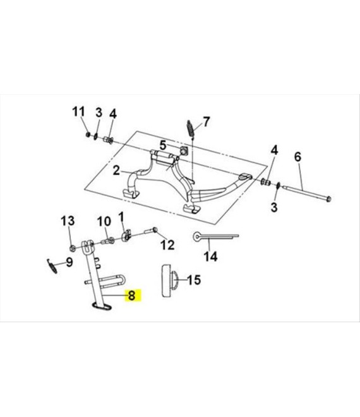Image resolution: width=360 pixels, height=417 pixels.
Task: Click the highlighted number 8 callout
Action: point(131,295)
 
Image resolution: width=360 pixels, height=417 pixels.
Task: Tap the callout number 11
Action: point(78,112)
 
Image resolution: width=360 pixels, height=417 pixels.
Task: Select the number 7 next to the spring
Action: point(206,121)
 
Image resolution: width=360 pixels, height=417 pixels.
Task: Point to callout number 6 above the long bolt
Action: point(297,157)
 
